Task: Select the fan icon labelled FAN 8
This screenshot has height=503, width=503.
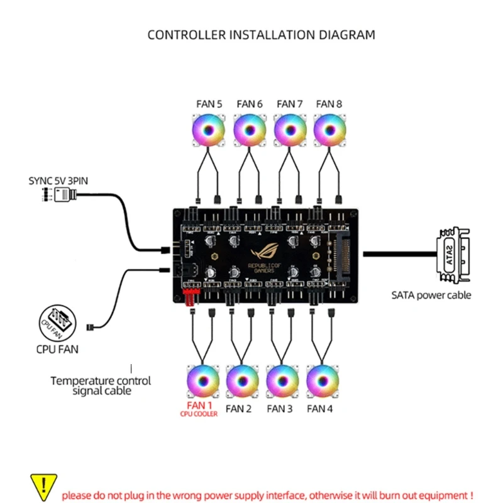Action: pyautogui.click(x=329, y=131)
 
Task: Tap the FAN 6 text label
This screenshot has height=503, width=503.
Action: pyautogui.click(x=250, y=104)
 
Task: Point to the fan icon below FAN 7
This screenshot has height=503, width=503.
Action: pyautogui.click(x=289, y=131)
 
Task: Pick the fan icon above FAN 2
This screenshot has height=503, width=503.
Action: pyautogui.click(x=241, y=382)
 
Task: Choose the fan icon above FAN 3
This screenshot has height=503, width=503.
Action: pyautogui.click(x=282, y=382)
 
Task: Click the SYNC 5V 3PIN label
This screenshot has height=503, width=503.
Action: pyautogui.click(x=58, y=180)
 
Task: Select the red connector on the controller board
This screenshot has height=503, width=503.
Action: pyautogui.click(x=191, y=294)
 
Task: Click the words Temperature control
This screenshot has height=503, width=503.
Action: pyautogui.click(x=101, y=380)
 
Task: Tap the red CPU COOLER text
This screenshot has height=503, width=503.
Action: pyautogui.click(x=199, y=414)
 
